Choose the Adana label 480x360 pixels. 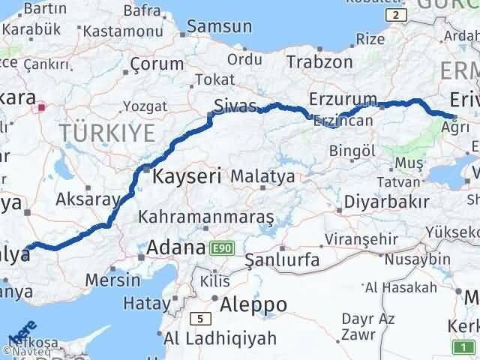point(175,247)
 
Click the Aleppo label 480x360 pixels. point(253,304)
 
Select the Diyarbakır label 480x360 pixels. point(386,202)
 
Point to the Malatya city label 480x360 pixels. point(262,177)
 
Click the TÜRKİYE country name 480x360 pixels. point(108,133)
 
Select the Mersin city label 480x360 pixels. point(114,280)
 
